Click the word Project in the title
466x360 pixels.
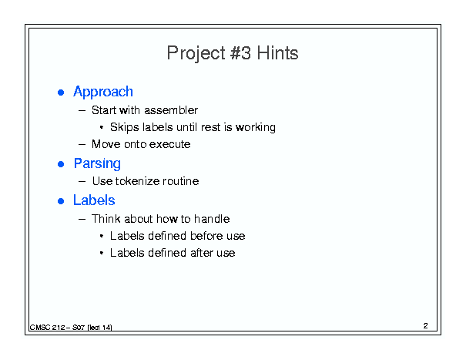pos(196,54)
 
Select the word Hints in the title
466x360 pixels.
pos(277,53)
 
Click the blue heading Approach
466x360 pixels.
pos(103,92)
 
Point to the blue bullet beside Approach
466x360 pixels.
pos(61,93)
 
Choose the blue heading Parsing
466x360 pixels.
pos(97,163)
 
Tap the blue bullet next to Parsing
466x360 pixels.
pos(61,164)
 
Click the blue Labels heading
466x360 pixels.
pos(94,200)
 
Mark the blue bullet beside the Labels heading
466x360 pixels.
pos(61,201)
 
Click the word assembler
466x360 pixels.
pos(170,110)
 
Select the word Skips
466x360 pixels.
pos(125,127)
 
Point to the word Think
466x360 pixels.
pos(106,219)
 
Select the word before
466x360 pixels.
pos(206,236)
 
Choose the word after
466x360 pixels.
pos(202,253)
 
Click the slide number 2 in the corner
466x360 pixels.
pos(426,326)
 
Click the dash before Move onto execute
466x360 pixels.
pos(82,145)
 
